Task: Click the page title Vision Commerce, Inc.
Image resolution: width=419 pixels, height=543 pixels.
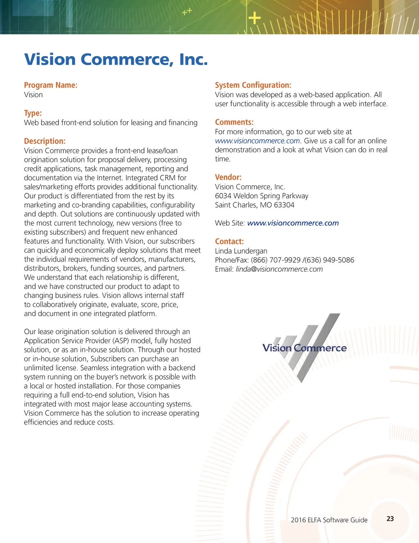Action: tap(116, 60)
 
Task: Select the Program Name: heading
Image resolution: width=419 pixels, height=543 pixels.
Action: tap(51, 85)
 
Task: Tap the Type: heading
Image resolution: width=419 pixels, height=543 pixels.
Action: tap(33, 113)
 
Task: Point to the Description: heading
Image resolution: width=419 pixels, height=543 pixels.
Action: tap(45, 141)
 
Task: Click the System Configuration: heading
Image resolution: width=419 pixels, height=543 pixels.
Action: tap(253, 85)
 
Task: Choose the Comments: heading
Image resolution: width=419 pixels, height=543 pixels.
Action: tap(234, 122)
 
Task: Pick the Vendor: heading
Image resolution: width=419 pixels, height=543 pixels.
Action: tap(228, 177)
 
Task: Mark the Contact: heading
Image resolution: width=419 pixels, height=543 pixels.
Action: tap(229, 241)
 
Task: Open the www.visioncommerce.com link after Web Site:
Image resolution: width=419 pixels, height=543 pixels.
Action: tap(293, 223)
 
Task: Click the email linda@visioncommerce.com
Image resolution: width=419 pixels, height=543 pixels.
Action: tap(279, 269)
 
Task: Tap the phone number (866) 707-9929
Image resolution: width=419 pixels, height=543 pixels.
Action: tap(276, 260)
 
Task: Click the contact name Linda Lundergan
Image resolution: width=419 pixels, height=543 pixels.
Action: tap(241, 251)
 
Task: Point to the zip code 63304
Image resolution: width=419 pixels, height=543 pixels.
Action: tap(284, 205)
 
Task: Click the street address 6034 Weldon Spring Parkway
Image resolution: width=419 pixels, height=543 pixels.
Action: tap(261, 196)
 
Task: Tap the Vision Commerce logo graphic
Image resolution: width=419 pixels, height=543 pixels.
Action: tap(305, 348)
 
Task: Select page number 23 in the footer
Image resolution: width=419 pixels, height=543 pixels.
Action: tap(390, 519)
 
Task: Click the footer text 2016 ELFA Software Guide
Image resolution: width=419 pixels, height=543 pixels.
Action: tap(329, 520)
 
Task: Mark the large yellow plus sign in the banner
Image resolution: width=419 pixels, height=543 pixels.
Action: tap(255, 18)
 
